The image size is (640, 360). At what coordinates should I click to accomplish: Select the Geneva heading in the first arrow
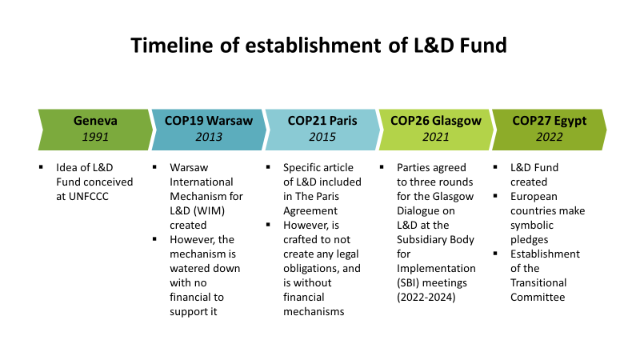(x=95, y=121)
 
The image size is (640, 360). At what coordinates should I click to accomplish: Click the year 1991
(x=95, y=137)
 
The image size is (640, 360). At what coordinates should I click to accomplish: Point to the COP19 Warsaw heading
(x=209, y=121)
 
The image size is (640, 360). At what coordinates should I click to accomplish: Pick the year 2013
(x=209, y=137)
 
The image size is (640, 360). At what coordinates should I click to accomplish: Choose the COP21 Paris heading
(x=322, y=121)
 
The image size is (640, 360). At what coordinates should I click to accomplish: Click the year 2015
(x=322, y=137)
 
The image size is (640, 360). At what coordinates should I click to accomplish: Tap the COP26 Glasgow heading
(x=435, y=121)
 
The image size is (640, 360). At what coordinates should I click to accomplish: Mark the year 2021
(x=435, y=137)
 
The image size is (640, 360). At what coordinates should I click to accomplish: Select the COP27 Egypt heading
(x=549, y=121)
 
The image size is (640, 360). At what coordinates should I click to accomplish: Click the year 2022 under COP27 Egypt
(x=549, y=137)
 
